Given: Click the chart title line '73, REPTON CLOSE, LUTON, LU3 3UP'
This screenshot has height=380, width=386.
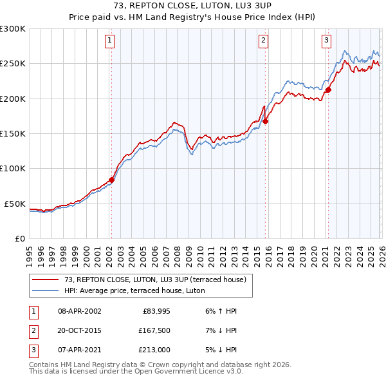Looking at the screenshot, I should (x=193, y=6).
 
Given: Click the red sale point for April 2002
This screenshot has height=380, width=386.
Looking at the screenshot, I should (x=111, y=180).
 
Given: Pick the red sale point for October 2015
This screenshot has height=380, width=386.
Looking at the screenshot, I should (x=265, y=121).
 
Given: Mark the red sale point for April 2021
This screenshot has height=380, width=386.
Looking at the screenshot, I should (x=327, y=90).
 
